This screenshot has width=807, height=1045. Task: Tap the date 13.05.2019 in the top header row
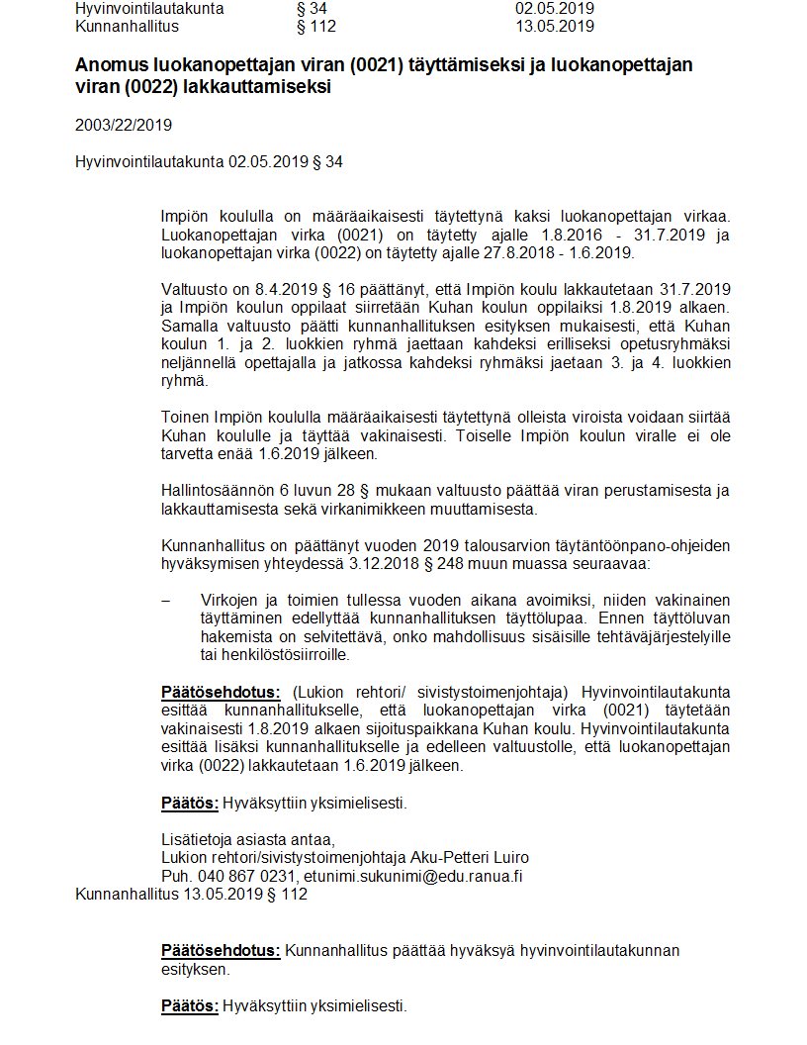click(x=554, y=26)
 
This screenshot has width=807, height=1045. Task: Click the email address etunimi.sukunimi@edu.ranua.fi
click(x=413, y=876)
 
